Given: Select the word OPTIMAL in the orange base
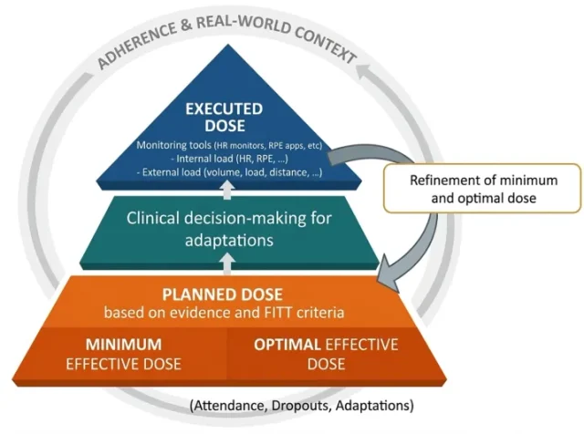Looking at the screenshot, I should (x=281, y=345).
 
